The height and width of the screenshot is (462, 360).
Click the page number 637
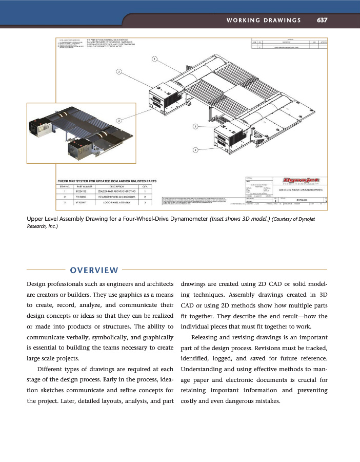pos(322,21)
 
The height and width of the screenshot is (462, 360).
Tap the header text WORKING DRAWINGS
pos(263,21)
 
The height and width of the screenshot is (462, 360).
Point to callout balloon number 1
pos(154,58)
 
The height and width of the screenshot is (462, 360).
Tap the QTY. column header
pos(145,186)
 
